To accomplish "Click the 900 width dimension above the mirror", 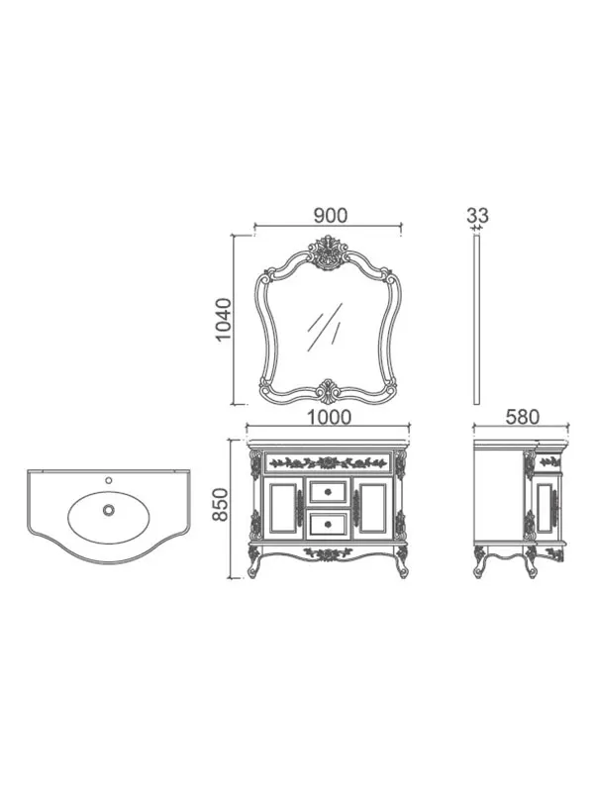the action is (331, 215).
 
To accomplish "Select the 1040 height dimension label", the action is (224, 320).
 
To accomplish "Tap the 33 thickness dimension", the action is (477, 215).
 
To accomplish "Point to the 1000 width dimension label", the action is (330, 417).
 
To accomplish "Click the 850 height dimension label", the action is (222, 504).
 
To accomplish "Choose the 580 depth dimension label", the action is (522, 417).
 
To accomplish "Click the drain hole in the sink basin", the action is (108, 510).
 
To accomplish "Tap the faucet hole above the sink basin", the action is (108, 480).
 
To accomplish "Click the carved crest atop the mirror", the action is (328, 251).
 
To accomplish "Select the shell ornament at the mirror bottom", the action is (328, 391).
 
